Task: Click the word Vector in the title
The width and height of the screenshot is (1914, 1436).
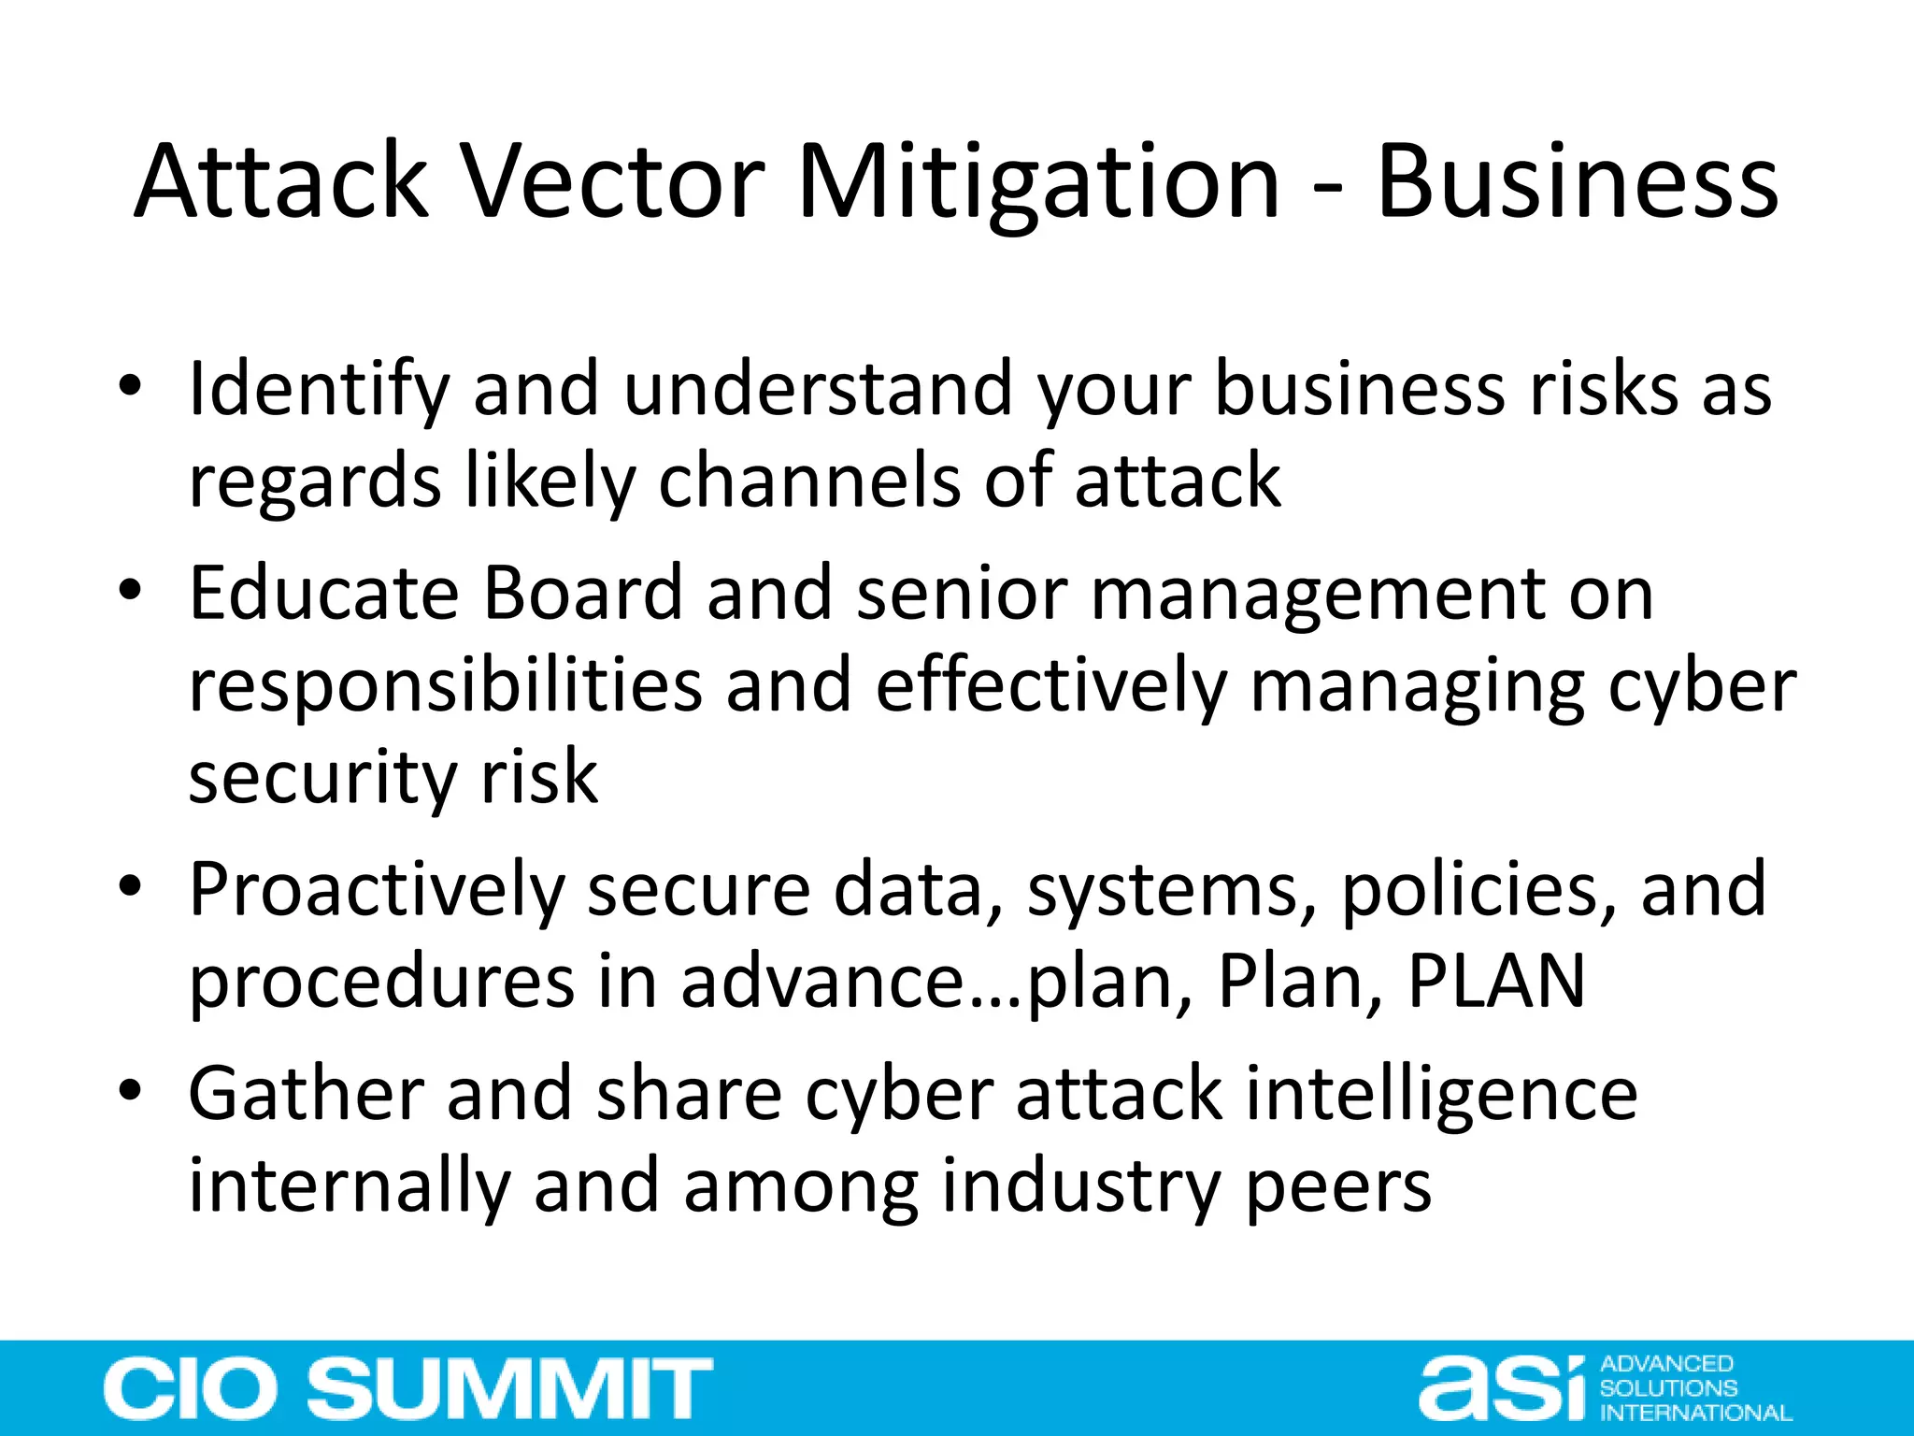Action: click(614, 181)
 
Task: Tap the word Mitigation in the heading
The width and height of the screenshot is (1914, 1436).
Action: click(1037, 181)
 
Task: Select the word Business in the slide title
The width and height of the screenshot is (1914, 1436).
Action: click(1577, 181)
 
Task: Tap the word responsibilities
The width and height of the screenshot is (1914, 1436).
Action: click(445, 685)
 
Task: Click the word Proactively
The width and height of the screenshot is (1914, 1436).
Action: click(376, 890)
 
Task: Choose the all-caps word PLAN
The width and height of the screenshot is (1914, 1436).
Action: click(1496, 981)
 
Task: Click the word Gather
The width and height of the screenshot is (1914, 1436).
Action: click(306, 1094)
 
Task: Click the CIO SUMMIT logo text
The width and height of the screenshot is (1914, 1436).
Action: click(407, 1388)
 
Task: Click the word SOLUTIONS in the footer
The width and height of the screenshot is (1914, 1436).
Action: click(1668, 1388)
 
